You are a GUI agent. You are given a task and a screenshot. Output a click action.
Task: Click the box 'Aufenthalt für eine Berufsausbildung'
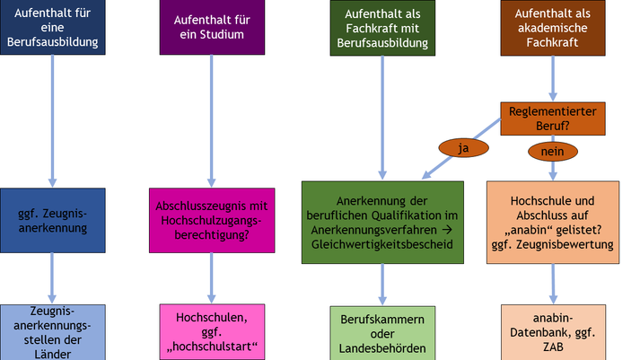53,27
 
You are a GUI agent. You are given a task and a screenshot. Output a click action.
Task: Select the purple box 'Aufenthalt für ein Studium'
212,27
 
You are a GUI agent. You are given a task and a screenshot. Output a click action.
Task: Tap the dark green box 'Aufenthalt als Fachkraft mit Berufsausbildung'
383,27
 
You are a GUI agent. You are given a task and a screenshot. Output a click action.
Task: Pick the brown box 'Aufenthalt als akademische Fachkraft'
551,27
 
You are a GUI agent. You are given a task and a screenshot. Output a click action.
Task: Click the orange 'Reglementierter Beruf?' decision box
551,119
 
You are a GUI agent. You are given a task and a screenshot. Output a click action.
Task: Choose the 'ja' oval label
463,148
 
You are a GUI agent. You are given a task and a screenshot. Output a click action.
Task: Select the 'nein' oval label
552,152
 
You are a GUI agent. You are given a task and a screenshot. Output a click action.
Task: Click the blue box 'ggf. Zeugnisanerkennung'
53,220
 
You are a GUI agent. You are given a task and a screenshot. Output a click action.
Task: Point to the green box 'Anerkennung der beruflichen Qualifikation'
382,223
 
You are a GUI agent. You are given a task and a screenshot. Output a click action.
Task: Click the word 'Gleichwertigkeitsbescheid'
383,243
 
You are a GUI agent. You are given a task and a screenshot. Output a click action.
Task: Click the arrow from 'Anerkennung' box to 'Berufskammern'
383,285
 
